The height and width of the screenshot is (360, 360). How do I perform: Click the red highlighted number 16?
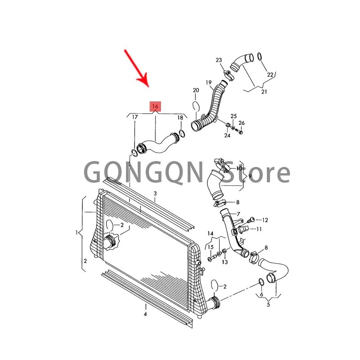[155, 107]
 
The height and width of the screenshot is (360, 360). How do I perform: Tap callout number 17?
[135, 117]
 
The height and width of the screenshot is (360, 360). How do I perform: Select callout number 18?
[180, 117]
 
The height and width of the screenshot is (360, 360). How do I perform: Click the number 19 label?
[209, 82]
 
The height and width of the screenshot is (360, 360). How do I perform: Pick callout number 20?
[196, 90]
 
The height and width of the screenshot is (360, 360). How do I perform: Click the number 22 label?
[270, 74]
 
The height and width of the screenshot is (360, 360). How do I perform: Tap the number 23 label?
[219, 60]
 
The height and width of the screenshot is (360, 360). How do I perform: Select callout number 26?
[242, 123]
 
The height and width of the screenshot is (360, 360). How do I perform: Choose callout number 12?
[265, 220]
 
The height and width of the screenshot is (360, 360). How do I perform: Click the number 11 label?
[259, 229]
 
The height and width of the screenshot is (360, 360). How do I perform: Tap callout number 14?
[210, 233]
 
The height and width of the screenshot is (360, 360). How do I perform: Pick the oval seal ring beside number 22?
[261, 57]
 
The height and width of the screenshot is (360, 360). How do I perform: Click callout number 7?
[238, 214]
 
